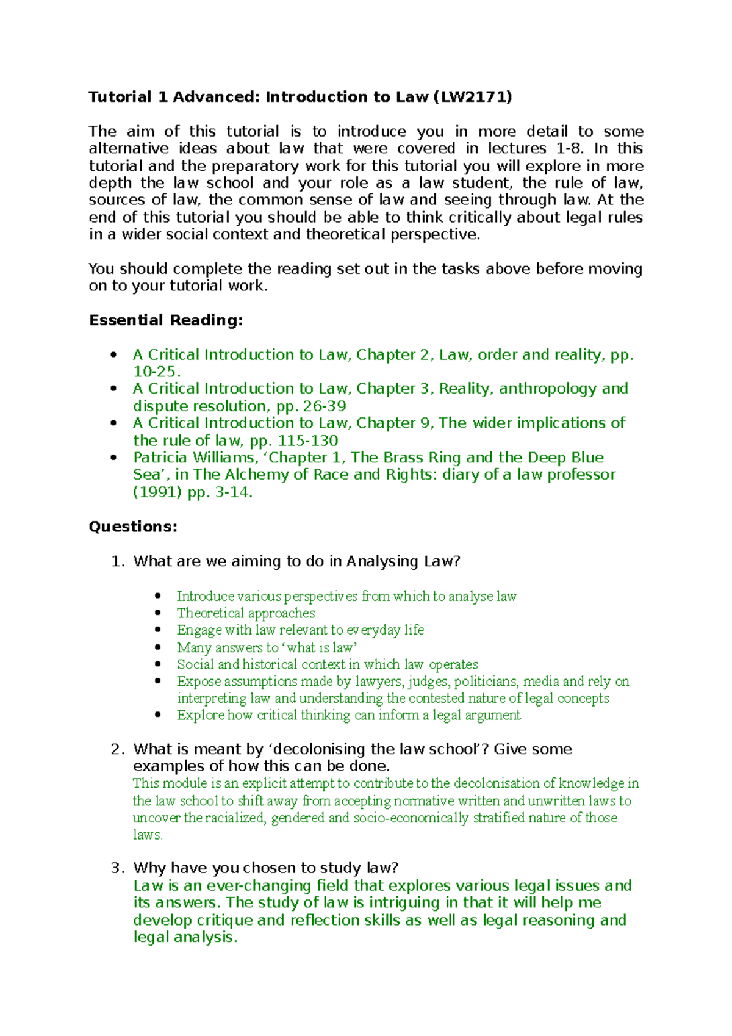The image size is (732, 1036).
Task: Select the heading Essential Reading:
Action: click(x=166, y=320)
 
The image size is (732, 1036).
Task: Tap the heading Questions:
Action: click(x=133, y=527)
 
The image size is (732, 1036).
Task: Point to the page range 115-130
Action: click(x=307, y=441)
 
